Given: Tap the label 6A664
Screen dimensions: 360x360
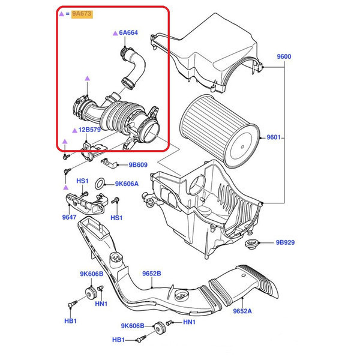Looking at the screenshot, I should (128, 34).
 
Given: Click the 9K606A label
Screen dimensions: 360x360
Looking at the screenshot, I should (127, 184).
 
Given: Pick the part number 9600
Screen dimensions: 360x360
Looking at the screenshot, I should (284, 57).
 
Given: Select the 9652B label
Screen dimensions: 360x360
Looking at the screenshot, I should (152, 274).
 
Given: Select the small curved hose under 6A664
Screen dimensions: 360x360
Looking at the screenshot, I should (132, 66).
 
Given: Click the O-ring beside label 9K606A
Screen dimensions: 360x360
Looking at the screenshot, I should (103, 182).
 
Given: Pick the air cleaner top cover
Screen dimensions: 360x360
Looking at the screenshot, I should (210, 60).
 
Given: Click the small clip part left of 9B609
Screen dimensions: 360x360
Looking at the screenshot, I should (108, 162).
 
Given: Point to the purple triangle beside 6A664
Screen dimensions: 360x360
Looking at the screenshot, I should (114, 34).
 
